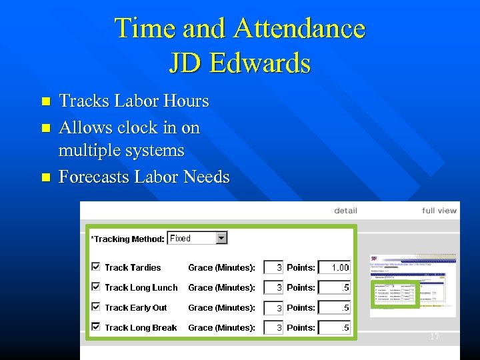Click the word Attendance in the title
tap(299, 29)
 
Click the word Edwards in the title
tap(260, 63)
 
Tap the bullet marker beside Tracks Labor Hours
tap(45, 102)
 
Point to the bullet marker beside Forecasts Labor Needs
tap(45, 178)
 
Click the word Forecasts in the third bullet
tap(94, 177)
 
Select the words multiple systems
tap(121, 151)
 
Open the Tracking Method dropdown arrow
tap(221, 238)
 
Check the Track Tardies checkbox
tap(95, 267)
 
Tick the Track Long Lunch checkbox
tap(95, 287)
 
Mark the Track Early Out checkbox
tap(95, 307)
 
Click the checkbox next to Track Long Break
tap(95, 327)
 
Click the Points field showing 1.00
tap(334, 267)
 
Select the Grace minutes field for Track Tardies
tap(273, 267)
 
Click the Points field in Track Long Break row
tap(334, 327)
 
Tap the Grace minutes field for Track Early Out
tap(273, 307)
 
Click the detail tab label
tap(345, 211)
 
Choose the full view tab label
tap(439, 211)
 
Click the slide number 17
tap(435, 337)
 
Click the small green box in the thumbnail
tap(395, 293)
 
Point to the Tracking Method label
tap(127, 239)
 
